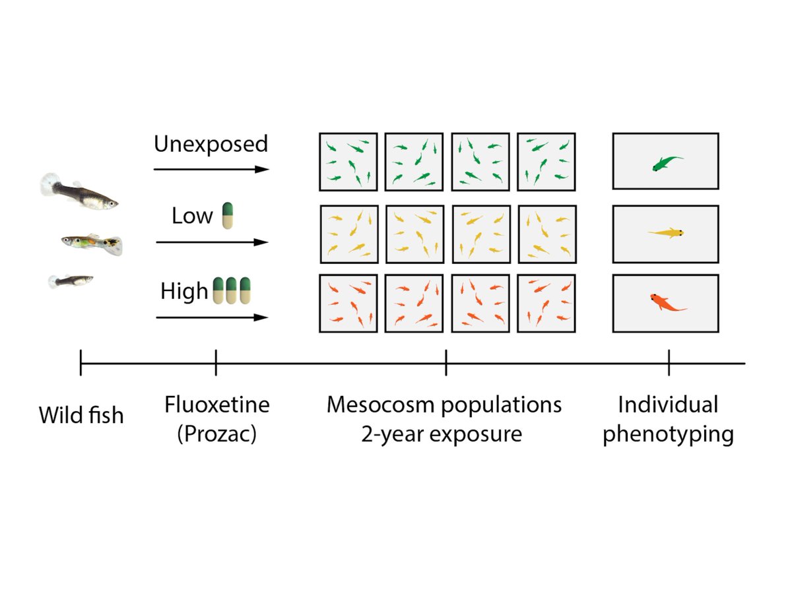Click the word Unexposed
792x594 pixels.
[x=211, y=144]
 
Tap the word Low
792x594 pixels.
[x=192, y=216]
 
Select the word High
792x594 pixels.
[x=184, y=291]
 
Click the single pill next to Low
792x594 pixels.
[x=228, y=216]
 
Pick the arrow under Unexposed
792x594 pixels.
[x=211, y=170]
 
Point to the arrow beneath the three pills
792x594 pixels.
[x=213, y=317]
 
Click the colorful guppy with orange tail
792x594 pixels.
[x=92, y=244]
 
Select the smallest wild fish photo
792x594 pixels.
[x=71, y=281]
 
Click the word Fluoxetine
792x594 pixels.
[x=217, y=405]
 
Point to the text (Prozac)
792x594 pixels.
[x=216, y=436]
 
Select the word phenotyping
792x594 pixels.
[x=668, y=436]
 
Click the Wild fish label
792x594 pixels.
[x=81, y=416]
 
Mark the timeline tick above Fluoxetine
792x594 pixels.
[x=216, y=363]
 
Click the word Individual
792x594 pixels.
[x=668, y=405]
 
